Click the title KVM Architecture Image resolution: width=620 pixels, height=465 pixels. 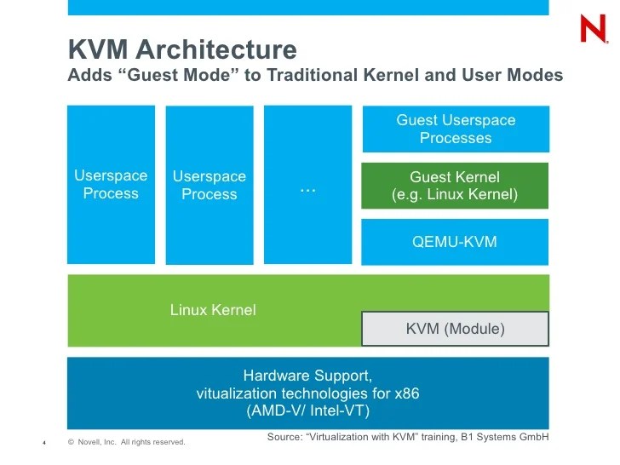pos(182,49)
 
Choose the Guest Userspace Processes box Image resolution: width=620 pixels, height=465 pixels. pos(456,129)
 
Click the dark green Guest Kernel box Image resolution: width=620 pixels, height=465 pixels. pos(455,186)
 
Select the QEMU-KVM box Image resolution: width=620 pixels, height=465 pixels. pos(455,242)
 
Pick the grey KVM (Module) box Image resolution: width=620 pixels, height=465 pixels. pos(455,329)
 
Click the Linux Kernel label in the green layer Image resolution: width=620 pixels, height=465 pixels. pos(213,310)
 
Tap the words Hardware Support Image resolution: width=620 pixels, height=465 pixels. pos(307,376)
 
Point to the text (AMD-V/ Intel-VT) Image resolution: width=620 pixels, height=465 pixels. pos(307,411)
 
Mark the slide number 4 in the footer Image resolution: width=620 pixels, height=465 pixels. pos(43,442)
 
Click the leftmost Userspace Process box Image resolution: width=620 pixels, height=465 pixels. pos(111,185)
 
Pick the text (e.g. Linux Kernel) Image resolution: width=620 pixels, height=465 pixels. pos(455,195)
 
